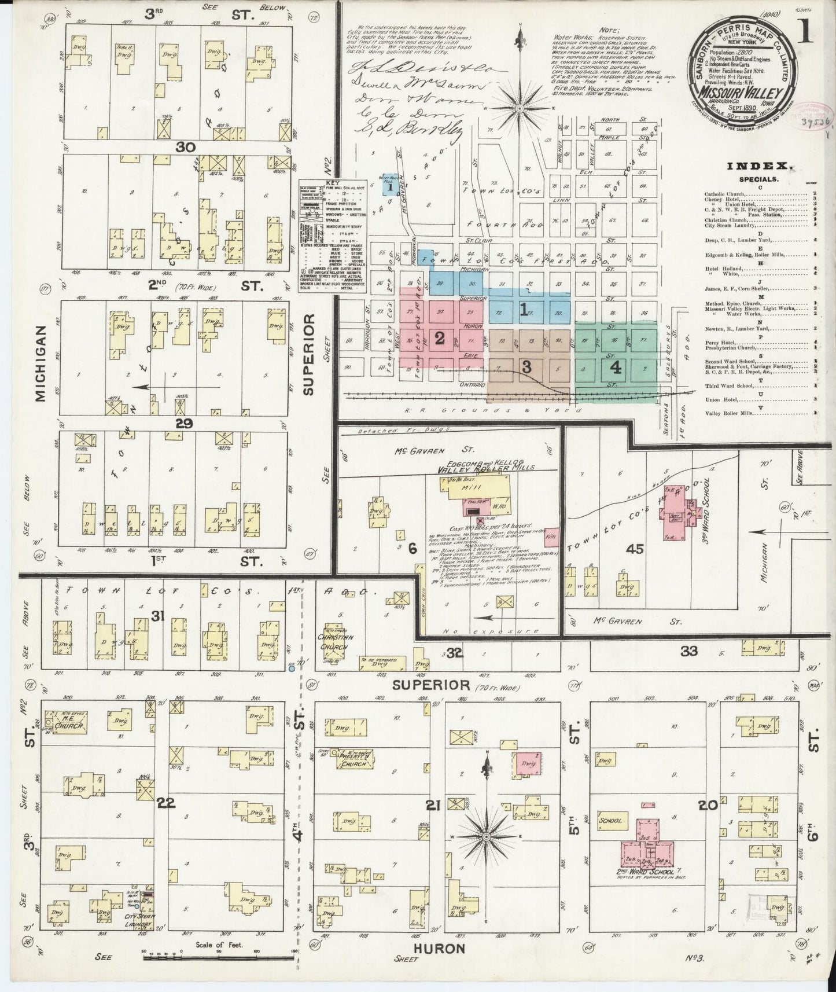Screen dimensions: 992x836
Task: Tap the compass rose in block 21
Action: [x=487, y=837]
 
